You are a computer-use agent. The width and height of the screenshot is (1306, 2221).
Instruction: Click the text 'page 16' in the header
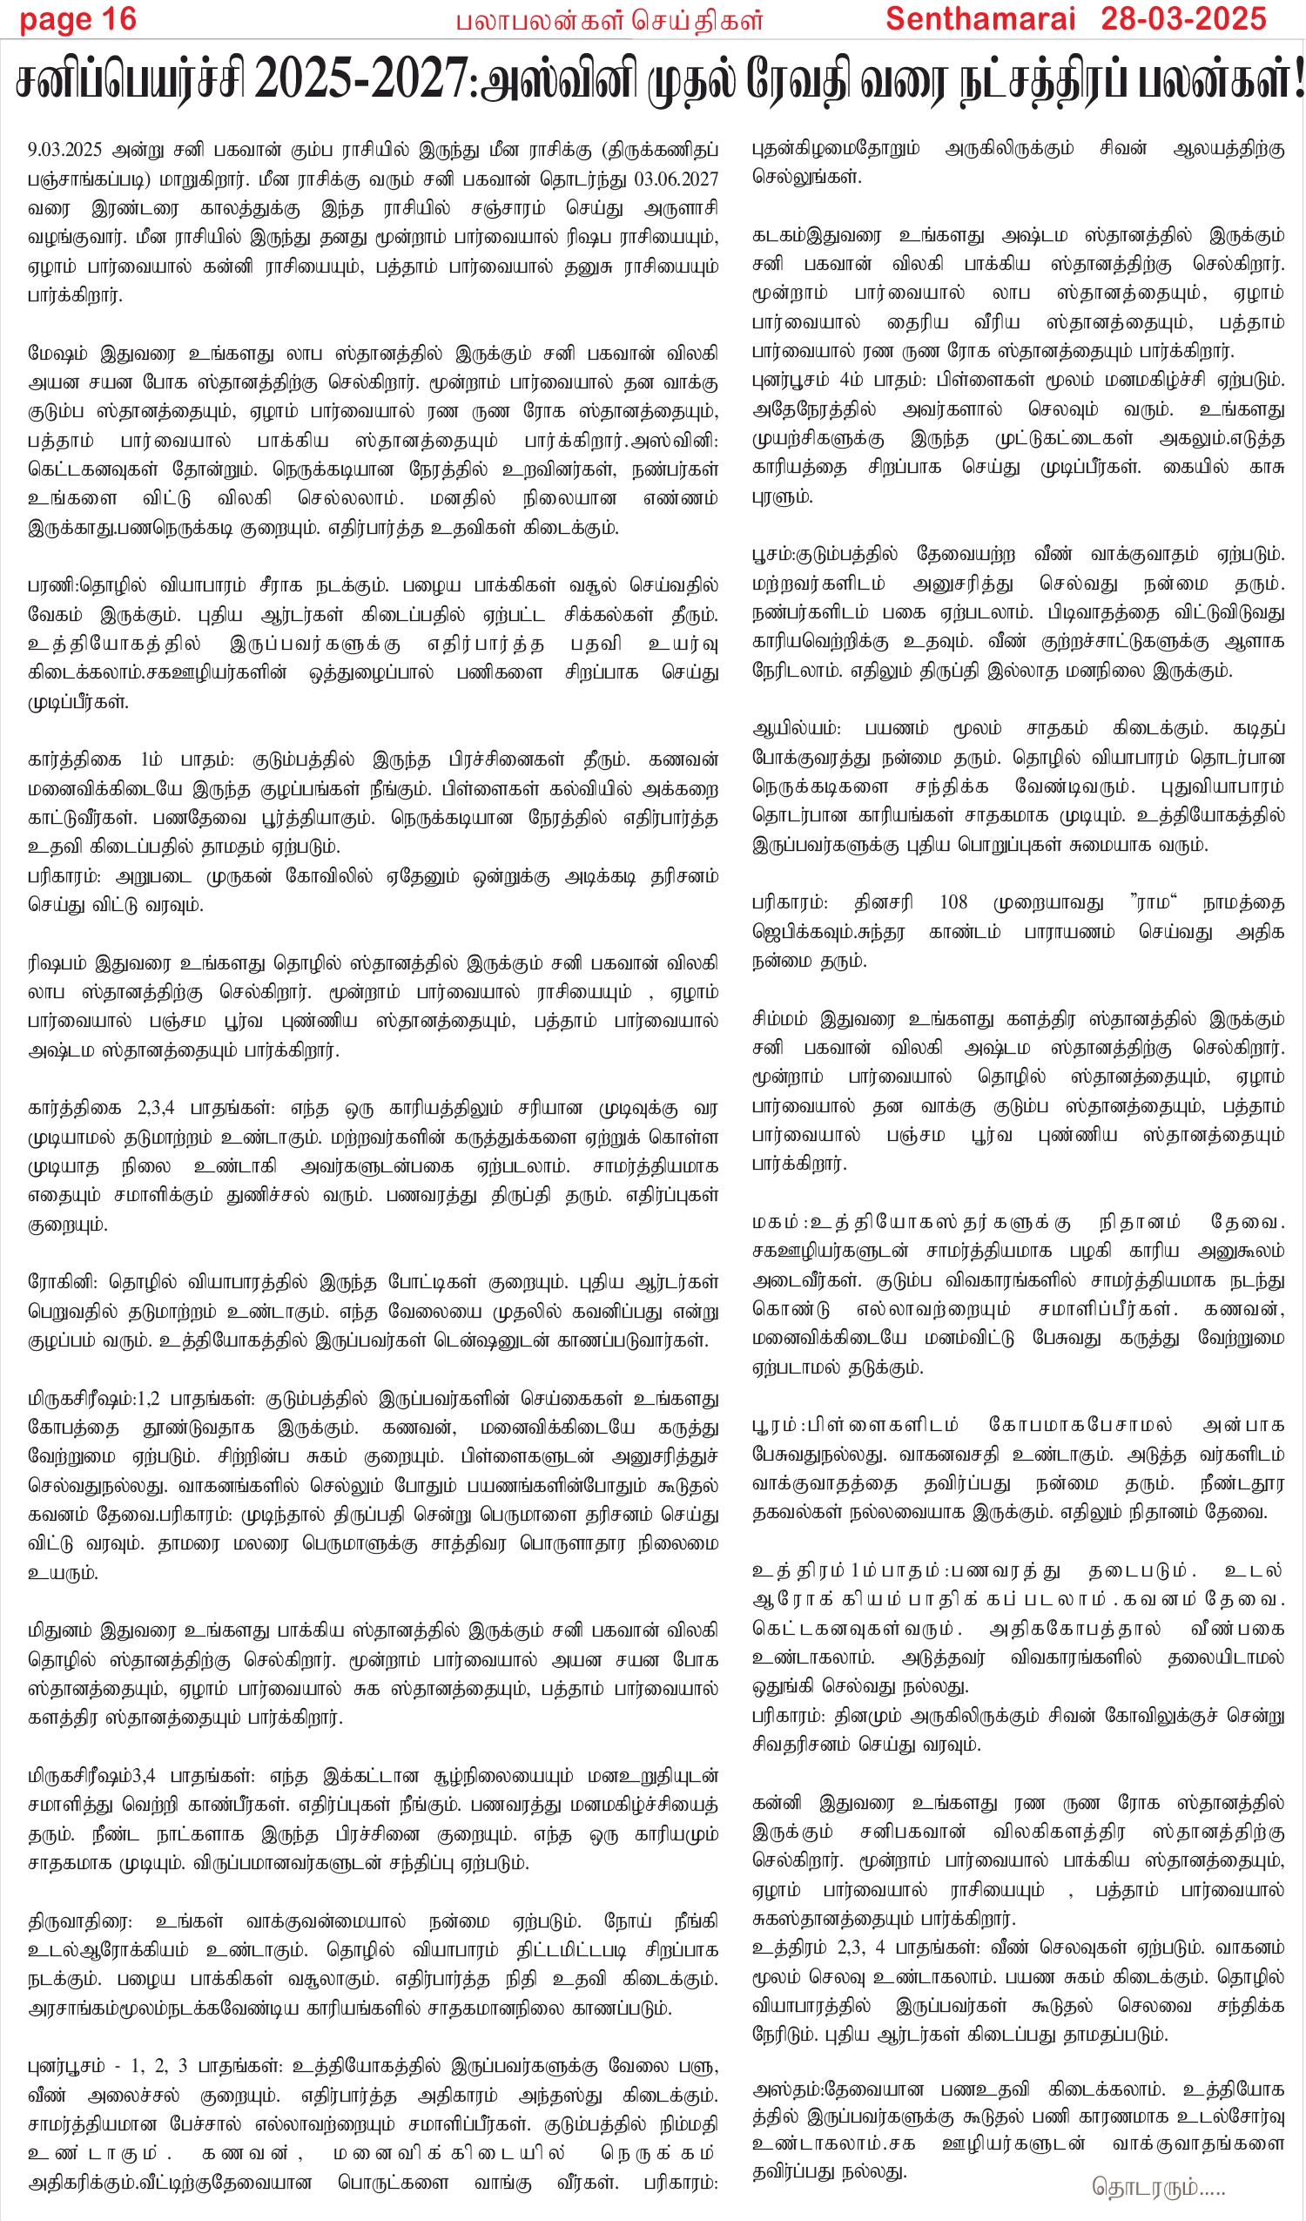click(x=77, y=19)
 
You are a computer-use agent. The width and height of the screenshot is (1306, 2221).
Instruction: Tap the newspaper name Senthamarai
click(x=980, y=19)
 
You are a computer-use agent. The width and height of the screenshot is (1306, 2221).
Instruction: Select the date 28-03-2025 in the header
click(x=1182, y=19)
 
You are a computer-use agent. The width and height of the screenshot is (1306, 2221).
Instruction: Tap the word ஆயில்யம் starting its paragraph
click(x=796, y=729)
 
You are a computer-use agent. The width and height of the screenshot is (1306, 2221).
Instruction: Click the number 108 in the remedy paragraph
click(x=953, y=902)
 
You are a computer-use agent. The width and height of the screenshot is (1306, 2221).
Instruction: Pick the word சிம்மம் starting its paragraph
click(x=784, y=1020)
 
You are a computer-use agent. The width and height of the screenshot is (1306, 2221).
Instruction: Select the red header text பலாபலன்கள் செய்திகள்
click(x=609, y=21)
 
